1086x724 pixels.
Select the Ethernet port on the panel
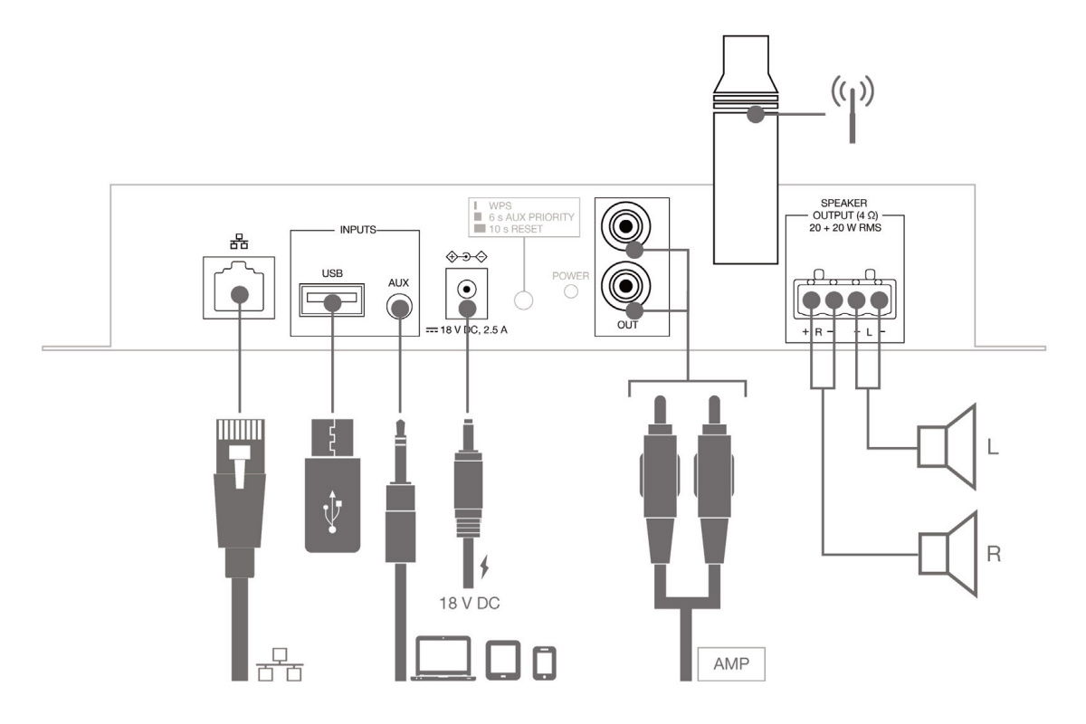coord(238,287)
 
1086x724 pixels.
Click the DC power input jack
coord(466,291)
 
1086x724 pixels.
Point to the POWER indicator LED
coord(572,291)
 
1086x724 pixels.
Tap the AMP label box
coord(731,662)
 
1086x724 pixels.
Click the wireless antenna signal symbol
coord(852,105)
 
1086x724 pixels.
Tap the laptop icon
coord(443,659)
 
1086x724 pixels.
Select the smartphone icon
coord(545,662)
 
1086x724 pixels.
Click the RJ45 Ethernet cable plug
coord(238,480)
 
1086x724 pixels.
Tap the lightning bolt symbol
coord(485,567)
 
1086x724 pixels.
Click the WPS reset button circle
coord(523,300)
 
